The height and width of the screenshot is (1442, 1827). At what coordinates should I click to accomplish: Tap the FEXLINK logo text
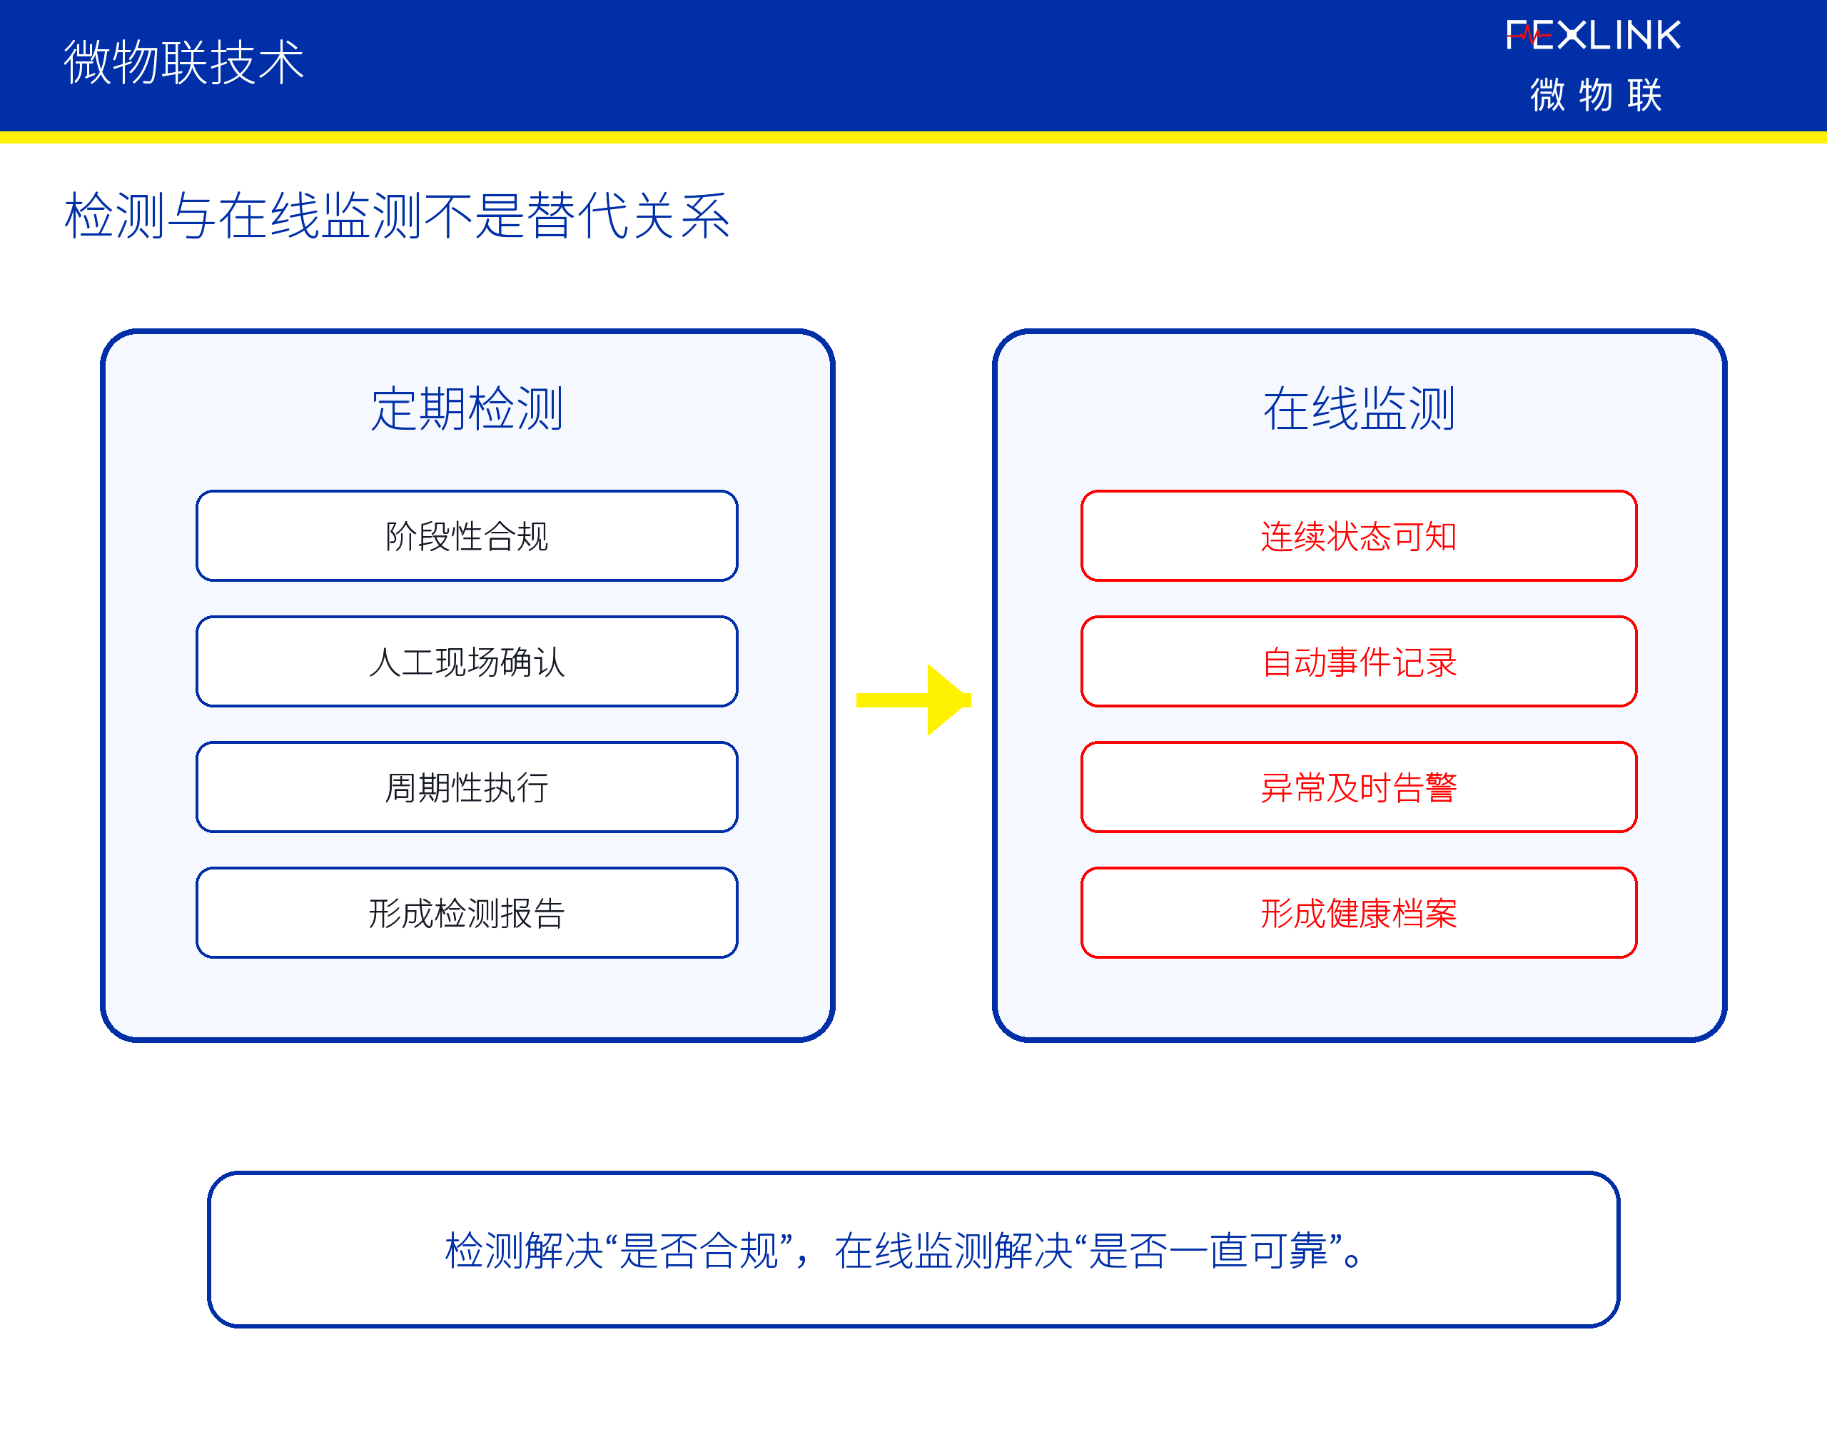coord(1593,36)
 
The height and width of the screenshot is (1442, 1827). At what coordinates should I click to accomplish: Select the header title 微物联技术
coord(184,63)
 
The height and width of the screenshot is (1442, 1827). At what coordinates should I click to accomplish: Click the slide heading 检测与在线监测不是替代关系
coord(398,216)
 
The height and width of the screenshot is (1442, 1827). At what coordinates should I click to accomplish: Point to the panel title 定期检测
coord(467,408)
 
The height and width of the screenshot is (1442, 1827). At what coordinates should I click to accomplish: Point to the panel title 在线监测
coord(1359,408)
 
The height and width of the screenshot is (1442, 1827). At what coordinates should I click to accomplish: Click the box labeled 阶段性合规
coord(467,536)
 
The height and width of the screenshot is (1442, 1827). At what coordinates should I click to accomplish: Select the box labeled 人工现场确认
coord(467,662)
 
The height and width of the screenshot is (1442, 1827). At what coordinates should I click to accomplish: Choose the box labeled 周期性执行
coord(467,787)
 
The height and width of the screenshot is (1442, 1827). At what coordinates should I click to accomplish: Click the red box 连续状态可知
coord(1359,536)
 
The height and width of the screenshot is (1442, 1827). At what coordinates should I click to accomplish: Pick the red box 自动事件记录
coord(1359,662)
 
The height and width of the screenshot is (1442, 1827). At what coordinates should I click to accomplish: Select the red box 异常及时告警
coord(1359,787)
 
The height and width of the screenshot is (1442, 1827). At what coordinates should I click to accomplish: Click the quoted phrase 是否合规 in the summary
coord(699,1251)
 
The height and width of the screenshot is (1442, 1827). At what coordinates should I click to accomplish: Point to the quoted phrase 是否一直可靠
coord(1209,1251)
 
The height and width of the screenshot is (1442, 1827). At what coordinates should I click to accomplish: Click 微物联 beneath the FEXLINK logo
coord(1596,94)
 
